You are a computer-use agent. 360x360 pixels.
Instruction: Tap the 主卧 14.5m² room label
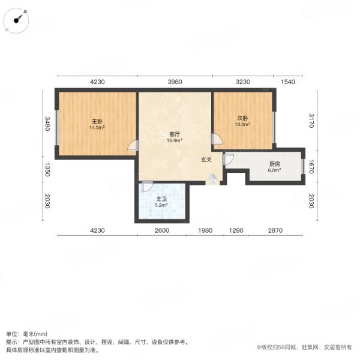pyautogui.click(x=97, y=124)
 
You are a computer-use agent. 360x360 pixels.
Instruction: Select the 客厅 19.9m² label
pyautogui.click(x=175, y=137)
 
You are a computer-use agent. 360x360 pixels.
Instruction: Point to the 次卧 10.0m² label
pyautogui.click(x=242, y=121)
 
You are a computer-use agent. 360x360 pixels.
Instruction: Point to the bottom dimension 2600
pyautogui.click(x=162, y=230)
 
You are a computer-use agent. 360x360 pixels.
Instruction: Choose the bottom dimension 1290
pyautogui.click(x=236, y=230)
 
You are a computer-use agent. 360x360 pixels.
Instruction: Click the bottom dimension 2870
pyautogui.click(x=275, y=230)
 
